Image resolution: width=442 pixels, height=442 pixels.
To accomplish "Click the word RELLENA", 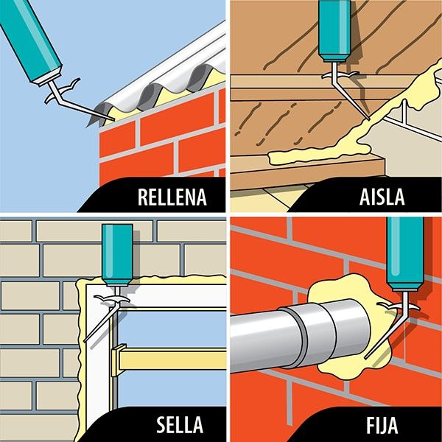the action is coord(172,197).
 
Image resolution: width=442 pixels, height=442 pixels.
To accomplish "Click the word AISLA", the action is coord(382,197).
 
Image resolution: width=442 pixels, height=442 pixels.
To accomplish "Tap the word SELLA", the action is coord(180,424).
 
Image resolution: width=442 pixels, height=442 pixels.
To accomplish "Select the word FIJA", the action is coord(382,424).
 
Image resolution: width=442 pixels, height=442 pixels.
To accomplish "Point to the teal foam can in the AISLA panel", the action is coord(334,30).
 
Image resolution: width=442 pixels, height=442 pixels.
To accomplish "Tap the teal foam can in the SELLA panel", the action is coord(117,255).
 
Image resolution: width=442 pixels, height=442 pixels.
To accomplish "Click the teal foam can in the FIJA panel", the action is coord(405,253).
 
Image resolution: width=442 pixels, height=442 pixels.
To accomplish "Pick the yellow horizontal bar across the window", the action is coord(169,359).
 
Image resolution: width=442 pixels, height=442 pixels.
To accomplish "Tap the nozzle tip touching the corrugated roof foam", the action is coord(113,120).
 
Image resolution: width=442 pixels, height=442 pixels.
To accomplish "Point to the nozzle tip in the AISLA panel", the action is coord(369,119).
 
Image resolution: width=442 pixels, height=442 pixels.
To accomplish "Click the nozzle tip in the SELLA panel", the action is coord(85,341).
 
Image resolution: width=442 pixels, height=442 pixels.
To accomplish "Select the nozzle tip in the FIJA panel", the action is coord(365,358).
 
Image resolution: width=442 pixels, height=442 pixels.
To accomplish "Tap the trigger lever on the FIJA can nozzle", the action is coord(398,306).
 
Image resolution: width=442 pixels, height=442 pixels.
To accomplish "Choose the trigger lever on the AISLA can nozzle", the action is coord(340,75).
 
